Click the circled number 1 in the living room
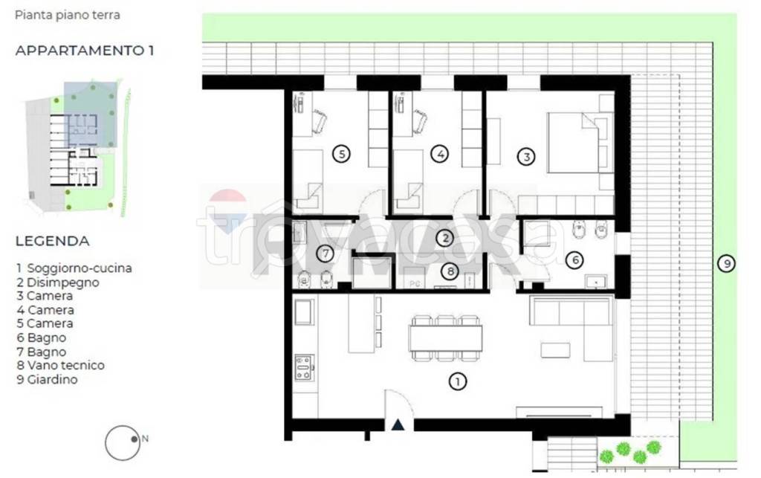(457, 381)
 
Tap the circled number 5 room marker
(342, 155)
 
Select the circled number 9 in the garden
(727, 263)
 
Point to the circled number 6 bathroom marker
(574, 260)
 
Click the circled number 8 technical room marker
(450, 271)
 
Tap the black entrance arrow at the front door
(398, 425)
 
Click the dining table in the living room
(446, 337)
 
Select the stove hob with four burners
(304, 367)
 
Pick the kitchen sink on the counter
(304, 312)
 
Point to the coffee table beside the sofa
(555, 350)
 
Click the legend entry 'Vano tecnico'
(65, 366)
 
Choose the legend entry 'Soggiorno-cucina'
(79, 268)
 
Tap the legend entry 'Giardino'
(53, 379)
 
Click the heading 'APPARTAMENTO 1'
(85, 51)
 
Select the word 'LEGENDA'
(53, 241)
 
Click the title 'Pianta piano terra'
(68, 15)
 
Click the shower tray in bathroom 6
(537, 235)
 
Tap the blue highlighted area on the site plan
(90, 114)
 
